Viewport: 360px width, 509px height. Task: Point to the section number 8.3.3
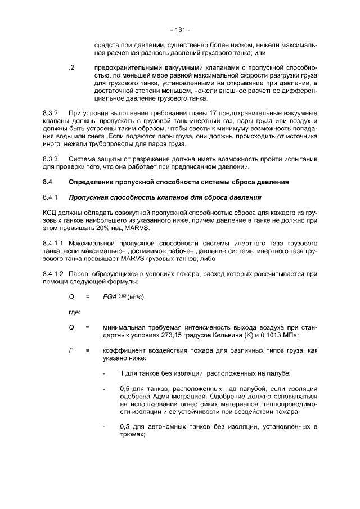point(51,159)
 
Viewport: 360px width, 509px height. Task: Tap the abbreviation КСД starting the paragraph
point(51,214)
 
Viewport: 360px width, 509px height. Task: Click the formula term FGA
point(111,297)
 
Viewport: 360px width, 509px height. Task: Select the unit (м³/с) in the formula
point(136,297)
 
